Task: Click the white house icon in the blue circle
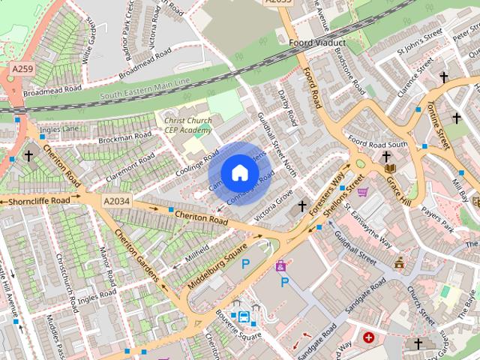click(238, 173)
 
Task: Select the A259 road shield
click(22, 68)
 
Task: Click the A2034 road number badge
click(116, 201)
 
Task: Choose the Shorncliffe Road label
click(39, 201)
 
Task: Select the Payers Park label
click(437, 217)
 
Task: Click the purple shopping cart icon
click(363, 192)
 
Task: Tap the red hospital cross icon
click(368, 337)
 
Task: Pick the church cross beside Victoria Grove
click(302, 205)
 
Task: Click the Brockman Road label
click(124, 137)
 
